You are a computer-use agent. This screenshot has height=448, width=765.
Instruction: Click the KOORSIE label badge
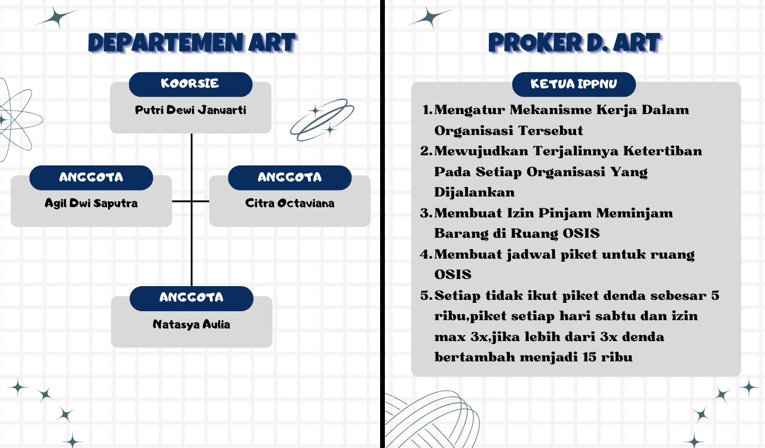tap(190, 84)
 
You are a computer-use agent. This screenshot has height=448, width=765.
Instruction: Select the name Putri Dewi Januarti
tap(190, 111)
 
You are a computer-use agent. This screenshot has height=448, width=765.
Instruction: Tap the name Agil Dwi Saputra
tap(91, 203)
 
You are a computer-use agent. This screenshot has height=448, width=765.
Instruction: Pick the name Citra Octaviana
tap(289, 203)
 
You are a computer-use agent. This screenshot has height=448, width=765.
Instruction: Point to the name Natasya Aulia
tap(191, 325)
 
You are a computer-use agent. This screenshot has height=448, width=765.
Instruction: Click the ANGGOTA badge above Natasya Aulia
tap(191, 298)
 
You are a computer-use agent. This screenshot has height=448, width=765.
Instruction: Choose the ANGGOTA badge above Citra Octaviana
tap(289, 177)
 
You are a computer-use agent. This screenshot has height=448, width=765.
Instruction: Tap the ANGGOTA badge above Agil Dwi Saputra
tap(91, 177)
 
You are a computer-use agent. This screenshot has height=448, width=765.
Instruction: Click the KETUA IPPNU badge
tap(574, 84)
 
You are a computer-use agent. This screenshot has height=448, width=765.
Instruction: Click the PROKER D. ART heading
tap(574, 43)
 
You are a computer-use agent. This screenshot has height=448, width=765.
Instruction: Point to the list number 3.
tap(426, 213)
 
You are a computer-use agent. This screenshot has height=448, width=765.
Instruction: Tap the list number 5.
tap(426, 296)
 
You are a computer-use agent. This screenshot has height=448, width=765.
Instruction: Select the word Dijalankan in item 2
tap(475, 193)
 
